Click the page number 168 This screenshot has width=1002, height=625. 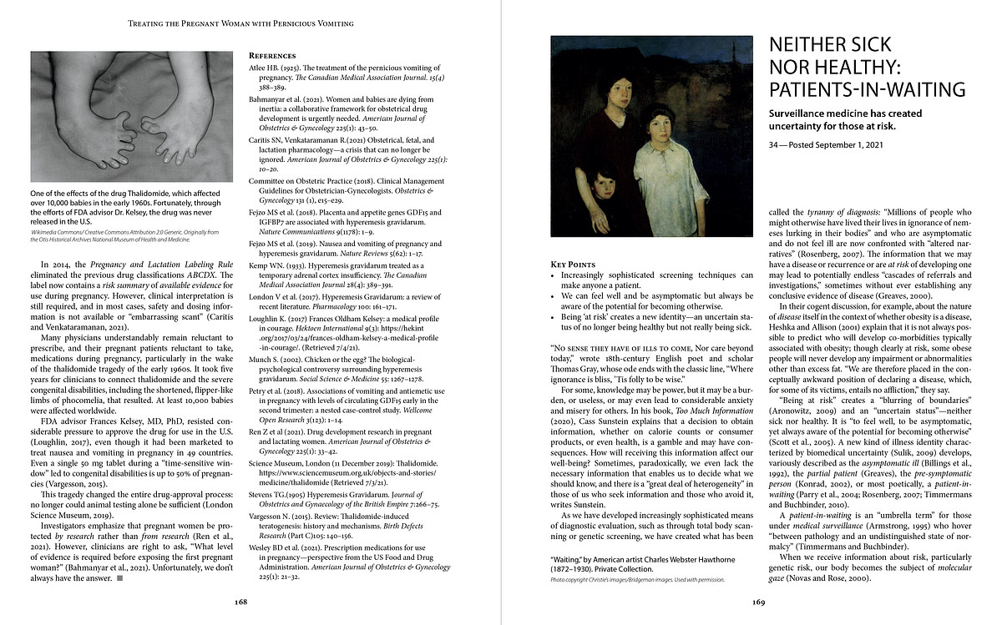click(240, 601)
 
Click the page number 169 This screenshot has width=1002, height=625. click(759, 601)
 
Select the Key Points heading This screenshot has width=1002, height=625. click(578, 264)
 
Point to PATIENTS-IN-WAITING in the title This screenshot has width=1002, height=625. click(866, 89)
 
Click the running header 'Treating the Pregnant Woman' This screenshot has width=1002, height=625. click(240, 23)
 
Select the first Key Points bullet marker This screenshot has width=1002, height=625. click(554, 275)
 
